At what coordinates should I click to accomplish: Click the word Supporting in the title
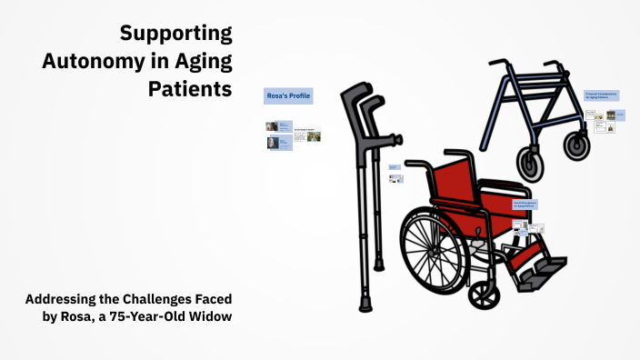pos(176,35)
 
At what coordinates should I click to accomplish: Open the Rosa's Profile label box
pos(288,95)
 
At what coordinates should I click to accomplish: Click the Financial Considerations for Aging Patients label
pos(602,95)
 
